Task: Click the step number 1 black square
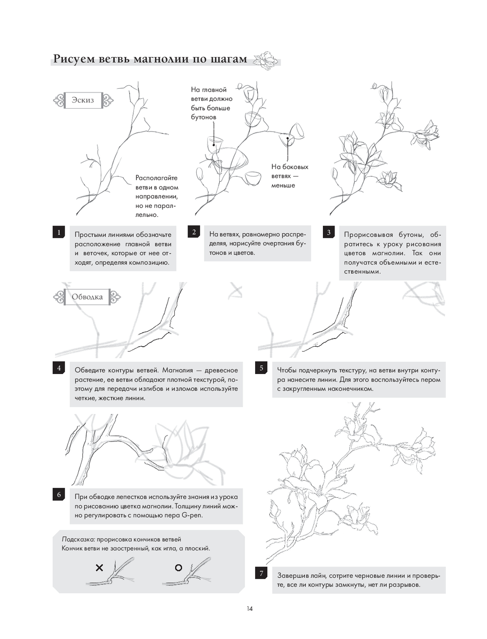pyautogui.click(x=59, y=232)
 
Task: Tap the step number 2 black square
pyautogui.click(x=194, y=232)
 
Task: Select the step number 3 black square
pyautogui.click(x=329, y=232)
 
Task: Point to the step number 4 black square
pyautogui.click(x=59, y=368)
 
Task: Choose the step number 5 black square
pyautogui.click(x=261, y=368)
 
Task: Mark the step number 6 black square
pyautogui.click(x=59, y=495)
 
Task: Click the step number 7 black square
pyautogui.click(x=261, y=573)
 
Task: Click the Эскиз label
pyautogui.click(x=83, y=100)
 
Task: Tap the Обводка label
pyautogui.click(x=87, y=297)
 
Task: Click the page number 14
pyautogui.click(x=249, y=608)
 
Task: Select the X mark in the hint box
pyautogui.click(x=99, y=567)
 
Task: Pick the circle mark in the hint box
pyautogui.click(x=178, y=567)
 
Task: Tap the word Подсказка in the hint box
pyautogui.click(x=78, y=539)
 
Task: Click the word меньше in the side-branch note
pyautogui.click(x=283, y=186)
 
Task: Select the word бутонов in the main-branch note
pyautogui.click(x=204, y=117)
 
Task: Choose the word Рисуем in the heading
pyautogui.click(x=74, y=59)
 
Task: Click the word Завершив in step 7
pyautogui.click(x=293, y=575)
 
